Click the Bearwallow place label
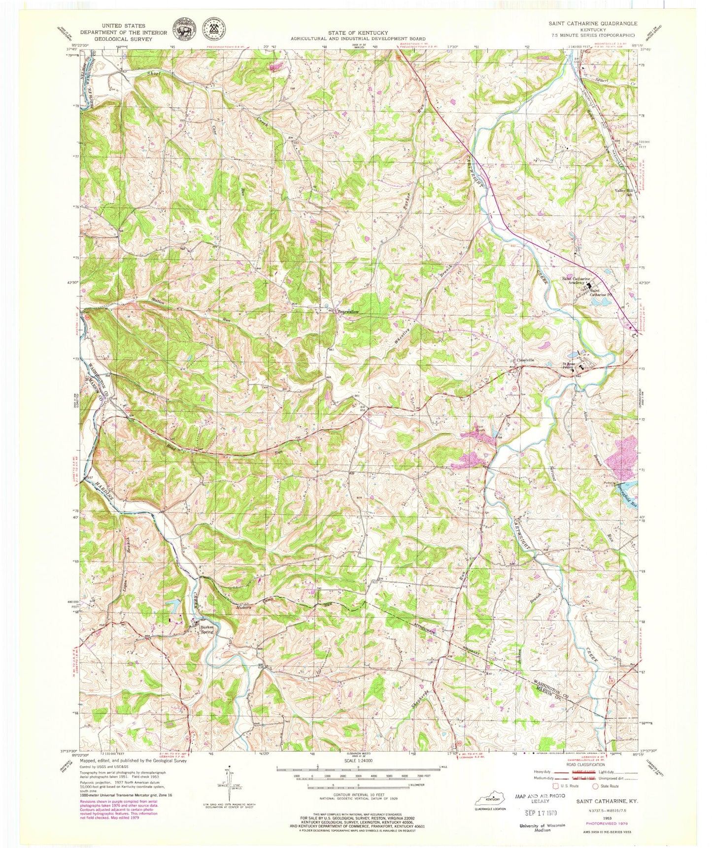pos(348,312)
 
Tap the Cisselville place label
pos(525,360)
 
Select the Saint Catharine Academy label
pos(576,280)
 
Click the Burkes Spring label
pos(206,629)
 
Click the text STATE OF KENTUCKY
pos(358,33)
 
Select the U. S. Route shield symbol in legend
pos(557,786)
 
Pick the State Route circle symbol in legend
pos(598,786)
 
